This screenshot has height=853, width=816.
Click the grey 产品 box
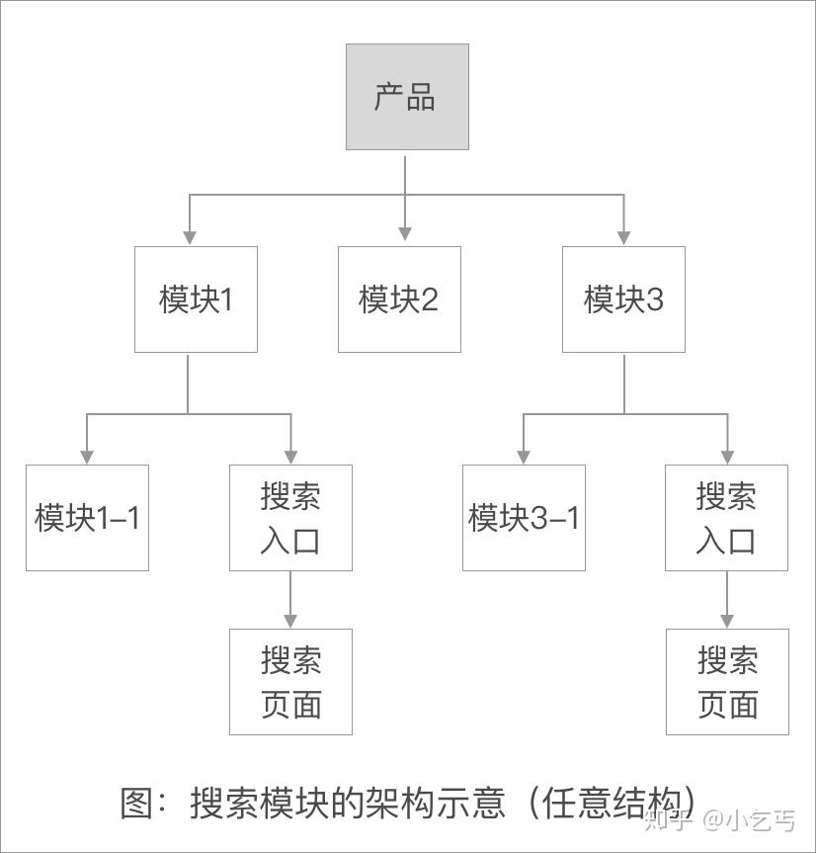tap(407, 97)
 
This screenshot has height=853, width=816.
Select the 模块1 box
tap(196, 299)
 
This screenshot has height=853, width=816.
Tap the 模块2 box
tap(399, 299)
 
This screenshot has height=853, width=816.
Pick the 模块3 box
tap(623, 299)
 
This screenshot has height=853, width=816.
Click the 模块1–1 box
tap(87, 518)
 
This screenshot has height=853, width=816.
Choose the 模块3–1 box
tap(524, 518)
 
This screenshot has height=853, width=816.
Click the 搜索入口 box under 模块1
tap(290, 518)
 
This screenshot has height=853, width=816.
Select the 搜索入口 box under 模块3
tap(726, 518)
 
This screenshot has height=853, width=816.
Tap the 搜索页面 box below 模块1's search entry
tap(290, 682)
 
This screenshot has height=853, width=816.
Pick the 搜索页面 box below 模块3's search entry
tap(727, 682)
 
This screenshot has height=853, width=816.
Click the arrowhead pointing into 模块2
tap(405, 236)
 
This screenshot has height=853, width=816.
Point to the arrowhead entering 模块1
tap(189, 237)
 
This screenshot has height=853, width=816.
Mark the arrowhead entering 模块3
tap(623, 237)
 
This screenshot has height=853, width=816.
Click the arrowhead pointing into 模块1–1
tap(87, 456)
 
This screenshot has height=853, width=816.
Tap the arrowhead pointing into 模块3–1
tap(523, 456)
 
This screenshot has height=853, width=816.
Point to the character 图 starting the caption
tap(138, 802)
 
